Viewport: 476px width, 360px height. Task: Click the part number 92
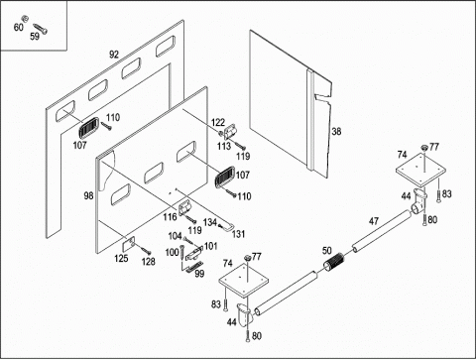tap(114, 55)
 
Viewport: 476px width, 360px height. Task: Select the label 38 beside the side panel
tap(336, 131)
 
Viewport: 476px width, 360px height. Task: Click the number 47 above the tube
tap(374, 221)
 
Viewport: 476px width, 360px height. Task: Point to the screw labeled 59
tap(41, 29)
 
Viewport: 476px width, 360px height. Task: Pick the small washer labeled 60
tap(25, 18)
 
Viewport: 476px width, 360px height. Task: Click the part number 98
tap(88, 196)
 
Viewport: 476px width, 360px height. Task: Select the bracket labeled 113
tap(230, 131)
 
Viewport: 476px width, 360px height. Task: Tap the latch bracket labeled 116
tap(184, 208)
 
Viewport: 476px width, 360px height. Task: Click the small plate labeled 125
tap(129, 243)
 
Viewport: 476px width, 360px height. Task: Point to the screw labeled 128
tap(145, 251)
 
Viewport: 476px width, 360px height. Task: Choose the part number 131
tap(238, 234)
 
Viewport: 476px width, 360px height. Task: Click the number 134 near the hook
tap(210, 222)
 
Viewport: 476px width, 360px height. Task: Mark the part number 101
tap(210, 246)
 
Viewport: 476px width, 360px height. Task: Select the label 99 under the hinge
tap(199, 274)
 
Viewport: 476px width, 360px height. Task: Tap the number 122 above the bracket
tap(218, 123)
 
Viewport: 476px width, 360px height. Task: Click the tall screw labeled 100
tap(181, 252)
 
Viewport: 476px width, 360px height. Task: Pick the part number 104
tap(175, 236)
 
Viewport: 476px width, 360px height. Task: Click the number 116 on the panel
tap(170, 217)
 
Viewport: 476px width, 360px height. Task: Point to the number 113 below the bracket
tap(224, 146)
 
